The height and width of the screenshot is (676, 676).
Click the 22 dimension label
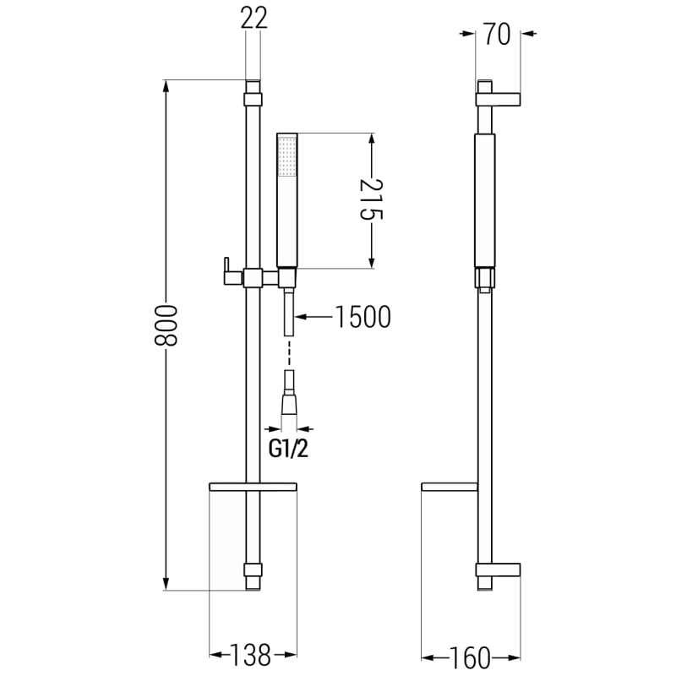(x=254, y=18)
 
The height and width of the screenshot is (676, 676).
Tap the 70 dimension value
(x=497, y=34)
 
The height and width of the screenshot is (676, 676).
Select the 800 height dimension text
(x=166, y=325)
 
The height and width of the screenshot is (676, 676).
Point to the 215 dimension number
(x=371, y=199)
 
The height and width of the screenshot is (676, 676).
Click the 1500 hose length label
(x=363, y=317)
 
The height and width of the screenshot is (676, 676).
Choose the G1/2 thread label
(x=288, y=450)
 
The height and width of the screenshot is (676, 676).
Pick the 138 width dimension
(x=250, y=655)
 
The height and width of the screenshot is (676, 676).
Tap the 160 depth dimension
(x=470, y=657)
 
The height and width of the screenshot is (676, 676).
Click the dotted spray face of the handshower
(x=287, y=155)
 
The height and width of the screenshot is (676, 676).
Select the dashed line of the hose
(x=289, y=353)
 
